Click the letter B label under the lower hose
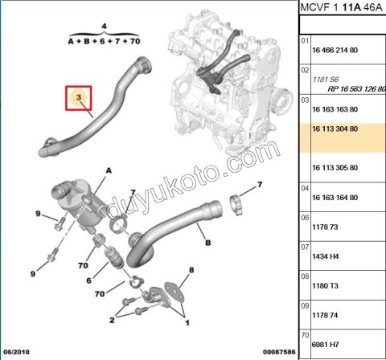pos(207,241)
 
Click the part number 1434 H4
pos(324,256)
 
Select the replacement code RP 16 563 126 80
pos(348,88)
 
